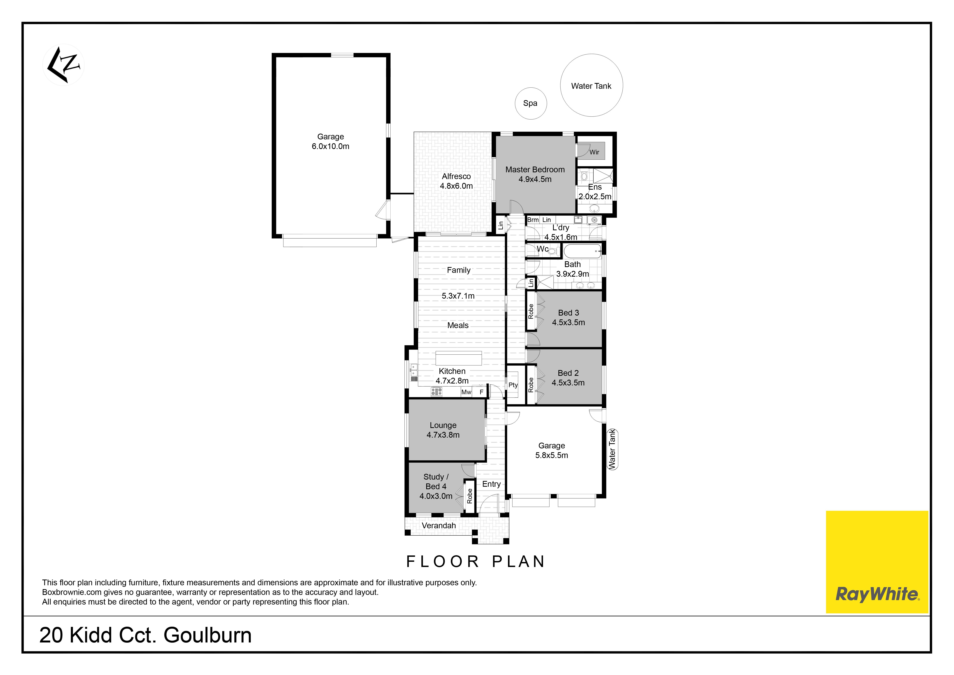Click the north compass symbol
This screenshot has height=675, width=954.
[63, 65]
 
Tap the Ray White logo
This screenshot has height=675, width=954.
[877, 562]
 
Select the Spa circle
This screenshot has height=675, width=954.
[531, 104]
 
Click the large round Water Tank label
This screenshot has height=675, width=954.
[591, 86]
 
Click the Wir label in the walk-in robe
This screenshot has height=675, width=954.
[594, 152]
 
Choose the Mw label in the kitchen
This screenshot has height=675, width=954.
[466, 392]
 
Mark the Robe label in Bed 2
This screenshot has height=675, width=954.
[531, 385]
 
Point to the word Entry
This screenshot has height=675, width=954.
[492, 484]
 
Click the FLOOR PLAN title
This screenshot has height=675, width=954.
[475, 562]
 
